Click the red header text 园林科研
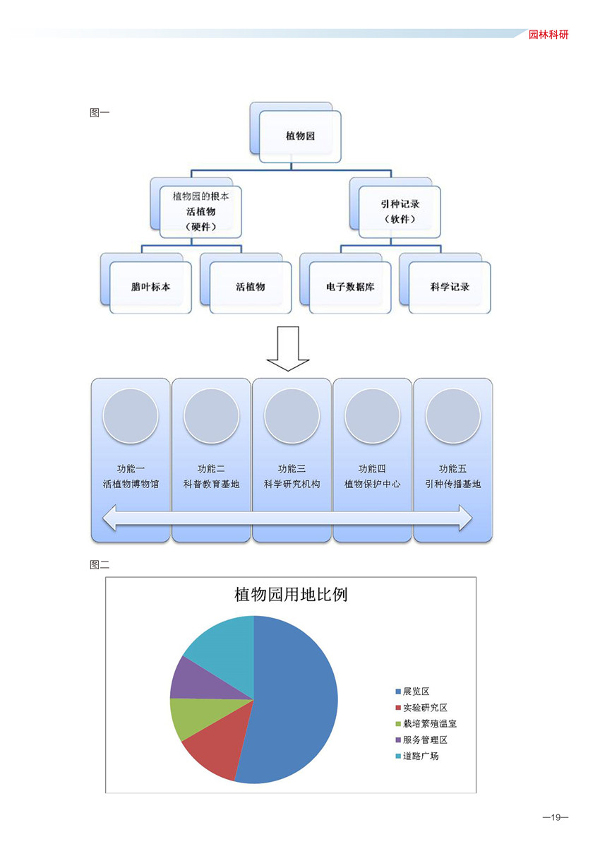coord(548,35)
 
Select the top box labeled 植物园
coord(300,136)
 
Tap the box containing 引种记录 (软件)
coord(400,212)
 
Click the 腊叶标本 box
coord(150,287)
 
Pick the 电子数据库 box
coord(350,287)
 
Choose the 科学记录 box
coord(450,287)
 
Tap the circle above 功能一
coord(131,416)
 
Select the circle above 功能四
coord(372,416)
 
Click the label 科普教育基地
coord(211,484)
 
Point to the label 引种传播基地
coord(452,484)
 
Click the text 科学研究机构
coord(292,484)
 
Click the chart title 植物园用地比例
coord(291,595)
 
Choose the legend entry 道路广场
coord(417,756)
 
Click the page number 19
coord(556,817)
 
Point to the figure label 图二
coord(100,565)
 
